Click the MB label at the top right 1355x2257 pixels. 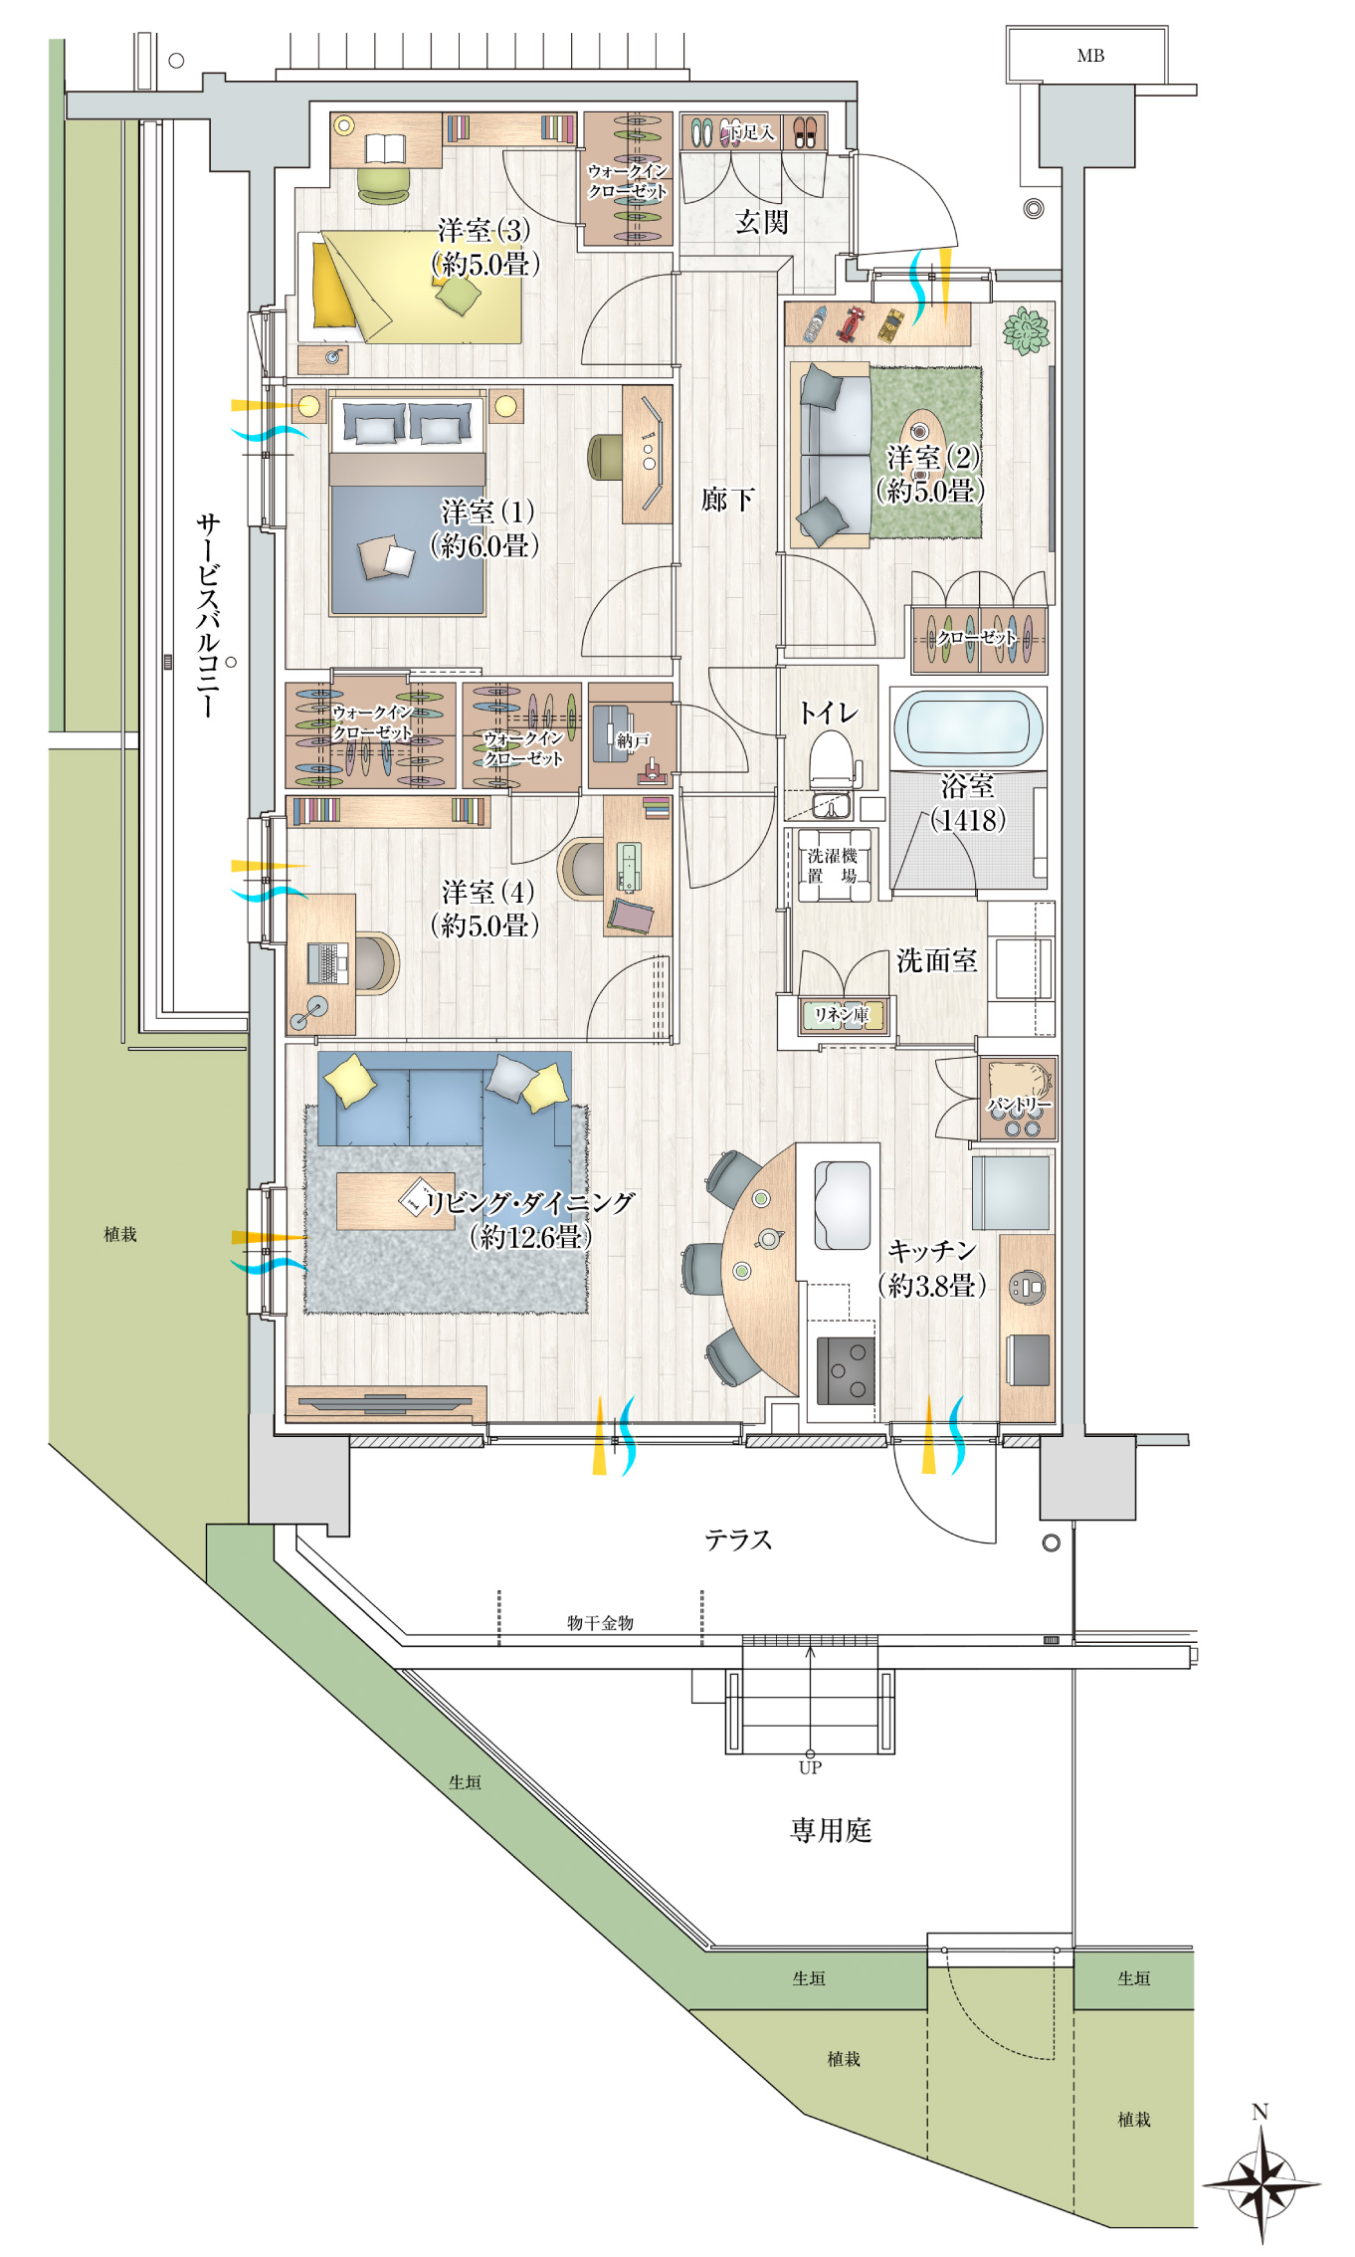pos(1090,56)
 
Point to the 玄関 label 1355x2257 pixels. pos(761,221)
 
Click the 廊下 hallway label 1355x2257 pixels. pos(727,499)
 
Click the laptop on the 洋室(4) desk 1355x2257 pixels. pos(327,962)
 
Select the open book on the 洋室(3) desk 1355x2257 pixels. pos(385,148)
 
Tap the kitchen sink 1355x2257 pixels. pos(843,1204)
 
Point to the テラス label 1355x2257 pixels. pos(738,1539)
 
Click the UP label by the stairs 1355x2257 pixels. pos(810,1767)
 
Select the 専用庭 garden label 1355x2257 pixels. pos(831,1830)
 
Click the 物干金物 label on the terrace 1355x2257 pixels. pos(600,1622)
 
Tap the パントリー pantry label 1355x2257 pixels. pos(1019,1105)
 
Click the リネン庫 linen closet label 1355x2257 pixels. pos(842,1014)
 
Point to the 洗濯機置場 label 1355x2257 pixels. pos(833,866)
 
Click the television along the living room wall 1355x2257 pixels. pos(385,1404)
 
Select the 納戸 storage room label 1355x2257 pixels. pos(634,739)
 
